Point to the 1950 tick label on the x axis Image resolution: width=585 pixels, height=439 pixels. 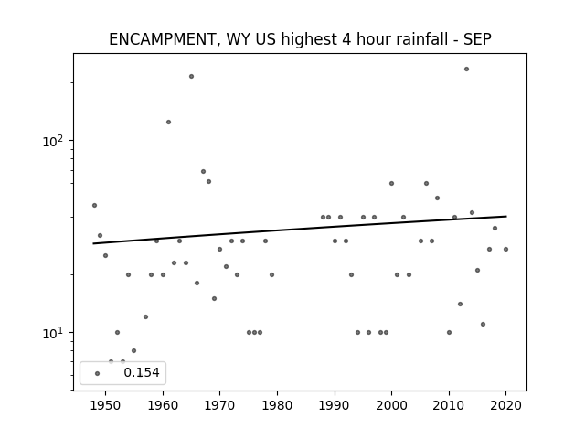point(106,405)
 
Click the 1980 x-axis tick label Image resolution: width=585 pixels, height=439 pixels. point(277,405)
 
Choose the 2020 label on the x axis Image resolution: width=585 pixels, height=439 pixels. point(505,405)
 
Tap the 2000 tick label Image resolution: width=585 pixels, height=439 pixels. point(391,405)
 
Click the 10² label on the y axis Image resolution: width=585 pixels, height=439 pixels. point(55,142)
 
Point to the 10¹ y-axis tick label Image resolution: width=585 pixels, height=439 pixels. point(55,333)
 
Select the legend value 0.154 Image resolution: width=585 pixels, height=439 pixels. point(142,372)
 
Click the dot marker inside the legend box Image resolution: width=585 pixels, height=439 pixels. point(98,373)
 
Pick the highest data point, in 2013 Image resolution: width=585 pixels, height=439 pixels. point(466,70)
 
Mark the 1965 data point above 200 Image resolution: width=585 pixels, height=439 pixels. point(191,77)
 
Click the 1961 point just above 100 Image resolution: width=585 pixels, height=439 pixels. point(168,122)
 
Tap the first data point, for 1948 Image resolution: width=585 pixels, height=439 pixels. point(94,205)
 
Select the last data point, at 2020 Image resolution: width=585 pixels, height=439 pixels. point(505,250)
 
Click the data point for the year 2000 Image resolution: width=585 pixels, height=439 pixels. point(392,183)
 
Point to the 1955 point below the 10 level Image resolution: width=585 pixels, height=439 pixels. point(134,351)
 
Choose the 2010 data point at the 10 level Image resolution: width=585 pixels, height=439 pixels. point(449,333)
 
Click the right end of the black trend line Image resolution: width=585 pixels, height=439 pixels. point(506,216)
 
